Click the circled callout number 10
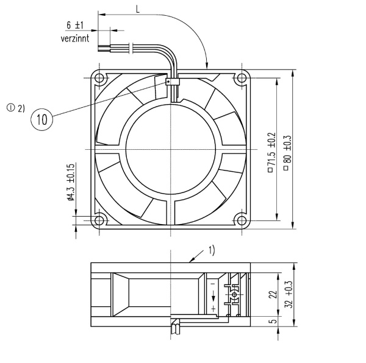pos(42,119)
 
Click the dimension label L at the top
pos(138,9)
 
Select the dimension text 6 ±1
pos(75,26)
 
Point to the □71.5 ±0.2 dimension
pos(271,153)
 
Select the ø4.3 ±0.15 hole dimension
pos(71,182)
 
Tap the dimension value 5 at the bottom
pos(273,322)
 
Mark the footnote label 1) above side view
pos(211,249)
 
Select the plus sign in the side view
pos(213,309)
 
